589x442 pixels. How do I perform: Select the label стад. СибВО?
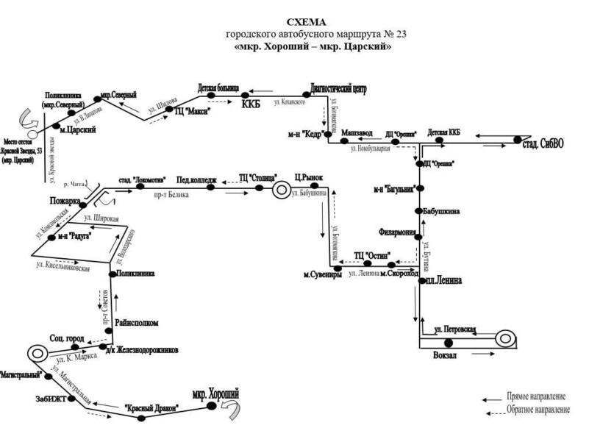click(x=543, y=142)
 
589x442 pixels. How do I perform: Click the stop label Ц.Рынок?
click(x=309, y=178)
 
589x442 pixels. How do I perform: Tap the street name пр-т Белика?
click(x=171, y=196)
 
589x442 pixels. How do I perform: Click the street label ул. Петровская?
click(x=456, y=329)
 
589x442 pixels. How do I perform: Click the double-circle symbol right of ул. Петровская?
click(x=504, y=339)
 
